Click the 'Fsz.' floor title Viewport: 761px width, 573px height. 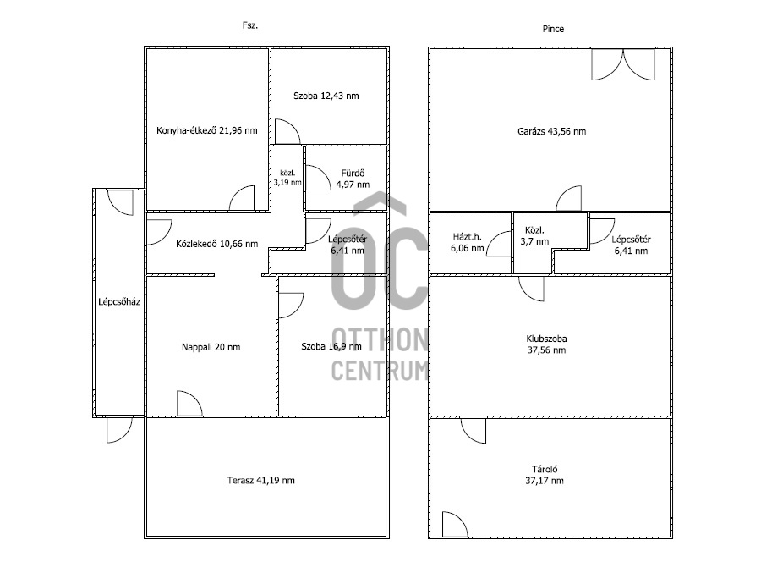click(x=250, y=25)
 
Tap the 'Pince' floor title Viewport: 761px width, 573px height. click(x=553, y=29)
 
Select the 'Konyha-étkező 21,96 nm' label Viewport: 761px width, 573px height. click(x=207, y=130)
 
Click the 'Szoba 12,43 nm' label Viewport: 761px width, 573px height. click(x=326, y=96)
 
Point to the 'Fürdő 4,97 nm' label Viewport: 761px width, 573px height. click(x=353, y=179)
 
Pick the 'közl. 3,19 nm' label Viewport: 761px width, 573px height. click(x=287, y=178)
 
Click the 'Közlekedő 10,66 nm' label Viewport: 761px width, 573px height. click(x=217, y=244)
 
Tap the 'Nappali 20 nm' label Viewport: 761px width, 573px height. click(x=211, y=347)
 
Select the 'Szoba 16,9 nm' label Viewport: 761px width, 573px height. click(x=331, y=346)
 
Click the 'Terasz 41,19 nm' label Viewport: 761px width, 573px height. click(x=260, y=480)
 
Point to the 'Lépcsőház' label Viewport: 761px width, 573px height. click(x=119, y=302)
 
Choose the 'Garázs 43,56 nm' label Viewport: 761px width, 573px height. click(x=552, y=131)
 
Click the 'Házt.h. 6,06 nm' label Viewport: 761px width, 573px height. click(x=467, y=243)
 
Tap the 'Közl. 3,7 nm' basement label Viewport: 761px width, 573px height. click(x=534, y=235)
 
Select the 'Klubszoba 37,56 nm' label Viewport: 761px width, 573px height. click(x=546, y=344)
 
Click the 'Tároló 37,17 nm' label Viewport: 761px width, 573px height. click(x=545, y=475)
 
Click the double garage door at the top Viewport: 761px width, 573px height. click(x=623, y=64)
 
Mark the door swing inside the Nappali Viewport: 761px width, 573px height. click(x=189, y=404)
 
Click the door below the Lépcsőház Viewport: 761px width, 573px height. click(x=119, y=430)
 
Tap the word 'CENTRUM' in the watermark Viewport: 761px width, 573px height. click(x=380, y=371)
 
